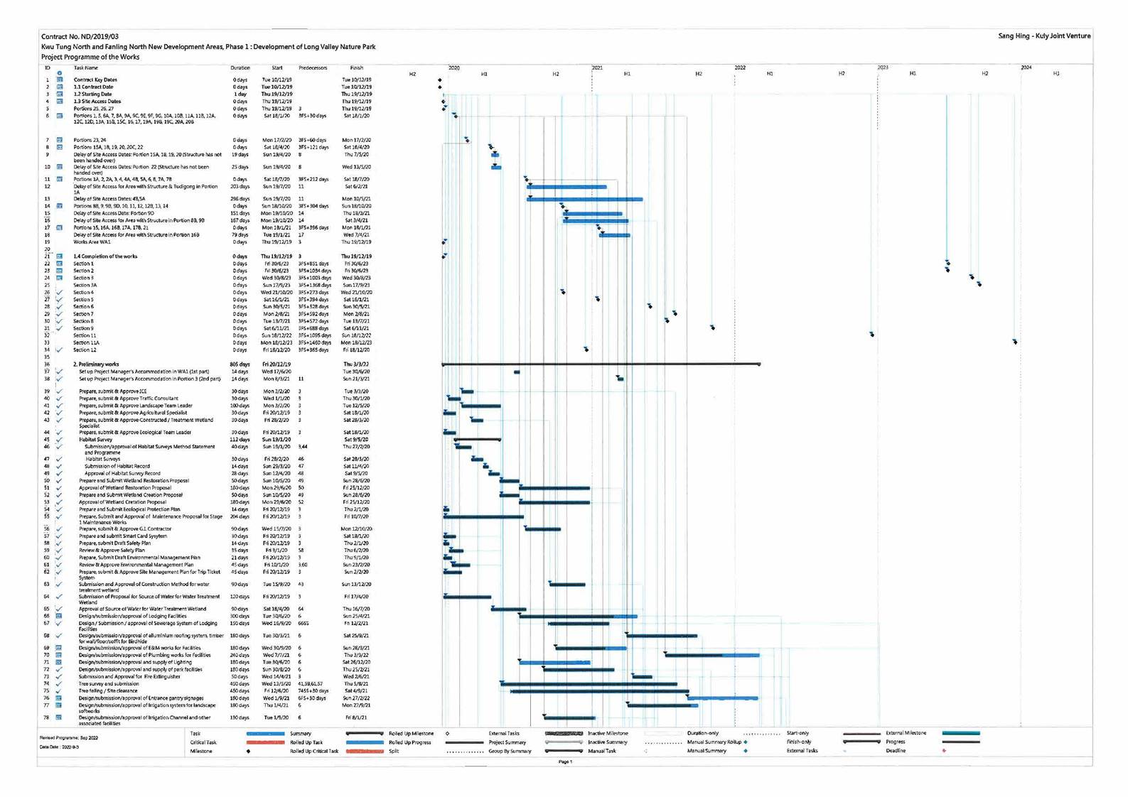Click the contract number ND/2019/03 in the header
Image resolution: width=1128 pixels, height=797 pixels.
click(80, 36)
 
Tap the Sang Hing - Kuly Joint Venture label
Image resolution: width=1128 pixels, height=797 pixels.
click(1043, 36)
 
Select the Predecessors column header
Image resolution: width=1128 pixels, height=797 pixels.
click(313, 68)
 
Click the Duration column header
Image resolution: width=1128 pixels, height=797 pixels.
click(240, 68)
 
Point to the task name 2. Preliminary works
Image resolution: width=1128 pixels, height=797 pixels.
click(96, 364)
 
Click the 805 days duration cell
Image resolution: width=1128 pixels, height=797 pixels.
click(240, 364)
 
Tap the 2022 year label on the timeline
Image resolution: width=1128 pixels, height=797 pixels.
click(740, 67)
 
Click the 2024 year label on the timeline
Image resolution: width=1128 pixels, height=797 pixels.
click(1026, 67)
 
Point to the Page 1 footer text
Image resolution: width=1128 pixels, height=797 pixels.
click(565, 761)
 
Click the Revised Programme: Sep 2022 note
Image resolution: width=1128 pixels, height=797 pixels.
click(68, 738)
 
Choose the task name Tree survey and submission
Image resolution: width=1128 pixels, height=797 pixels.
click(109, 684)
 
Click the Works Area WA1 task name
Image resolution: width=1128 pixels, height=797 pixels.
click(92, 242)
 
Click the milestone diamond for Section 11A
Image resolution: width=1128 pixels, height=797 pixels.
click(1015, 342)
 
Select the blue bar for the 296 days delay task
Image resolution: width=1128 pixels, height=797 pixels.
click(584, 199)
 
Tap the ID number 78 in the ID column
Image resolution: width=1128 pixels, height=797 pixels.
click(47, 718)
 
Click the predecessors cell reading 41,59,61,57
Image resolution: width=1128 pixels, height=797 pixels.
click(311, 684)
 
